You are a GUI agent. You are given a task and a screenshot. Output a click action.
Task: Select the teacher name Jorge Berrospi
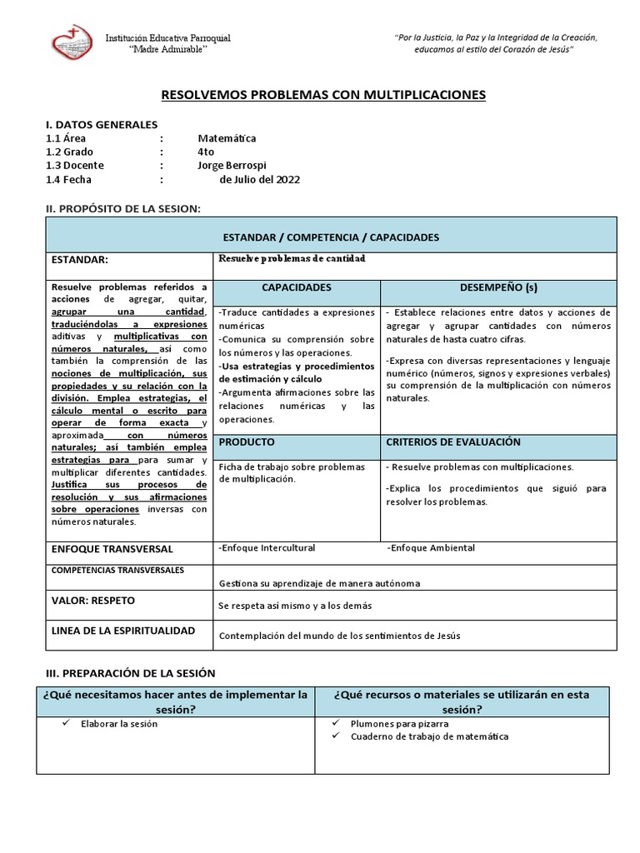coord(232,165)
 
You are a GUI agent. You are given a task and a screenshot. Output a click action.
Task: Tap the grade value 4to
coord(206,152)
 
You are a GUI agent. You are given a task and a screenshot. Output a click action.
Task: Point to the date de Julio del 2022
coord(259,179)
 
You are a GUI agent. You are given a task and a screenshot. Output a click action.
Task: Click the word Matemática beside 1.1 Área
coord(227,138)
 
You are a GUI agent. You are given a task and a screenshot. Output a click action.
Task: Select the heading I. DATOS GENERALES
coord(101,124)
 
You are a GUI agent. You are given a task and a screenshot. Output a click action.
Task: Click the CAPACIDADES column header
coord(297,287)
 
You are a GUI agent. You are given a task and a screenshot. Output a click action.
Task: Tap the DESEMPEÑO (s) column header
coord(498,287)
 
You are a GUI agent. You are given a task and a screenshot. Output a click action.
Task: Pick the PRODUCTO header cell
coord(247,441)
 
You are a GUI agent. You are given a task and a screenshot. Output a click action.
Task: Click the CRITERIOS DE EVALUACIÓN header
coord(453,441)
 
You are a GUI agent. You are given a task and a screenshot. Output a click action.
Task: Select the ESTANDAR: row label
coord(80,260)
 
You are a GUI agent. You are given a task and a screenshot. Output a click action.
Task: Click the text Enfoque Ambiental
coord(431,548)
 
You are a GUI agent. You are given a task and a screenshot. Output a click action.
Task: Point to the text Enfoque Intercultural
coord(267,548)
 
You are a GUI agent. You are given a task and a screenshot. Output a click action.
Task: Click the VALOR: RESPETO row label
coord(92,601)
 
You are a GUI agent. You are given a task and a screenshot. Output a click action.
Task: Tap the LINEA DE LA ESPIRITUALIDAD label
coord(123,631)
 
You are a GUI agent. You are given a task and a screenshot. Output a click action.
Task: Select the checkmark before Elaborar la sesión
coord(67,724)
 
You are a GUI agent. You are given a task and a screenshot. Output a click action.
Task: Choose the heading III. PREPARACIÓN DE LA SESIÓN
coord(129,672)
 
